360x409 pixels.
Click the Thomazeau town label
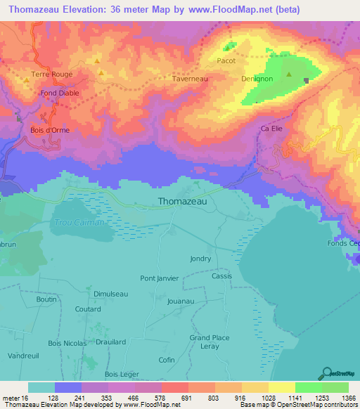point(183,201)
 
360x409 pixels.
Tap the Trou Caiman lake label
point(79,222)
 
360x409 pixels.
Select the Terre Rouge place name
point(52,74)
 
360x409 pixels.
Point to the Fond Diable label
point(60,93)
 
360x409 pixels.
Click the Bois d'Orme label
point(49,129)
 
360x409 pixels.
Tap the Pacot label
point(226,61)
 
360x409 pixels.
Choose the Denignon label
point(257,79)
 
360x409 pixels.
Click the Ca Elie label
point(271,129)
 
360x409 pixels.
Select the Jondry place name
point(200,259)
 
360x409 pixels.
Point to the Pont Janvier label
point(160,278)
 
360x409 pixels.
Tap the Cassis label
point(222,276)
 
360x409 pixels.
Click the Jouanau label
point(181,301)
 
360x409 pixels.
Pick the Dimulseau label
point(110,294)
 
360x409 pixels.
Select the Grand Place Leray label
point(210,342)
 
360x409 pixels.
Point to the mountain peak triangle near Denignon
point(288,74)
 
